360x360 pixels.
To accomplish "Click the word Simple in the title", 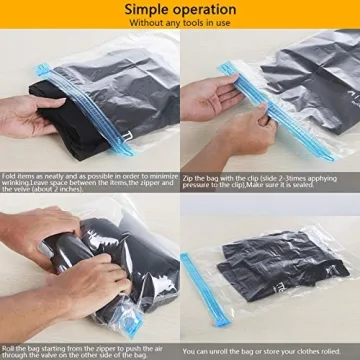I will click(146, 10).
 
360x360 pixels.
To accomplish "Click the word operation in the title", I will click(211, 10).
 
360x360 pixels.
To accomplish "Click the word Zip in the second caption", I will click(189, 176).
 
